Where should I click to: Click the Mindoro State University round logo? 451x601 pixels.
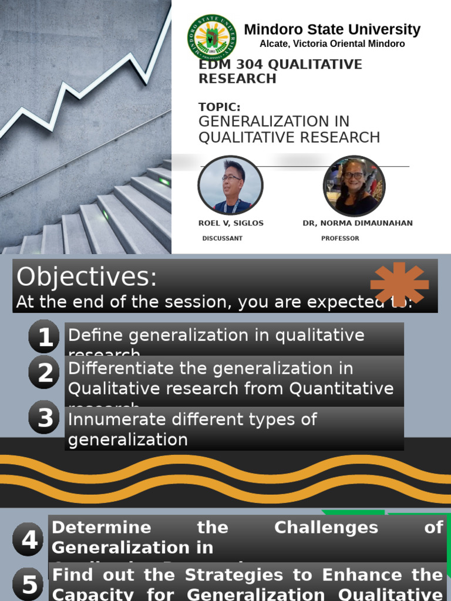click(212, 38)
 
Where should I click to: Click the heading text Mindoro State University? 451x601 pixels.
click(332, 29)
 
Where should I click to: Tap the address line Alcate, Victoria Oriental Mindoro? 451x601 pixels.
click(332, 44)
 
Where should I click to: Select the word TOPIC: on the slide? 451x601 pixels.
click(220, 107)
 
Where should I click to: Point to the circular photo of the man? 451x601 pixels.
click(230, 185)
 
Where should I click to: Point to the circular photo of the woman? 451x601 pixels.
click(354, 185)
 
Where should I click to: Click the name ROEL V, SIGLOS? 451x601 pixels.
click(231, 223)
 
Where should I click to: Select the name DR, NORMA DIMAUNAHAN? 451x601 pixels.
click(357, 223)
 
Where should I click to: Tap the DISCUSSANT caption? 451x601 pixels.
click(222, 238)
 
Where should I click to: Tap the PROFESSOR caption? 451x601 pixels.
click(340, 238)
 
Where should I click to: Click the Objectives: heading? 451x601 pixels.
click(87, 277)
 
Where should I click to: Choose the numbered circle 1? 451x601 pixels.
click(45, 337)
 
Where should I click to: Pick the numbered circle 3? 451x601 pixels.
click(45, 417)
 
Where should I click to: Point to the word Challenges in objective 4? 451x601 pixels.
click(326, 527)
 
